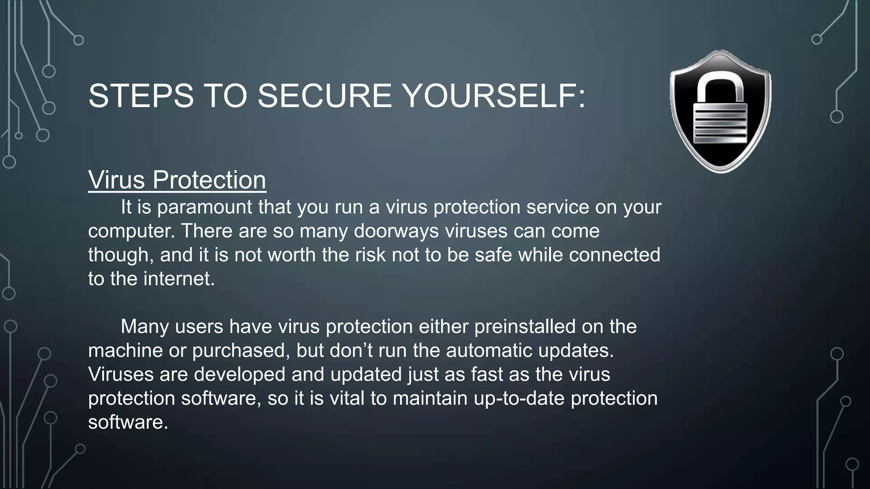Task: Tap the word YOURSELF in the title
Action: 493,96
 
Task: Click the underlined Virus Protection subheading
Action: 177,180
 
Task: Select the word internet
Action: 179,279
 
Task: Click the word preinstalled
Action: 525,327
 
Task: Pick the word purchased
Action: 241,351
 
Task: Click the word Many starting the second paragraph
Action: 144,327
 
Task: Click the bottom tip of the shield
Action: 720,171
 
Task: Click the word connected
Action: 614,255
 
